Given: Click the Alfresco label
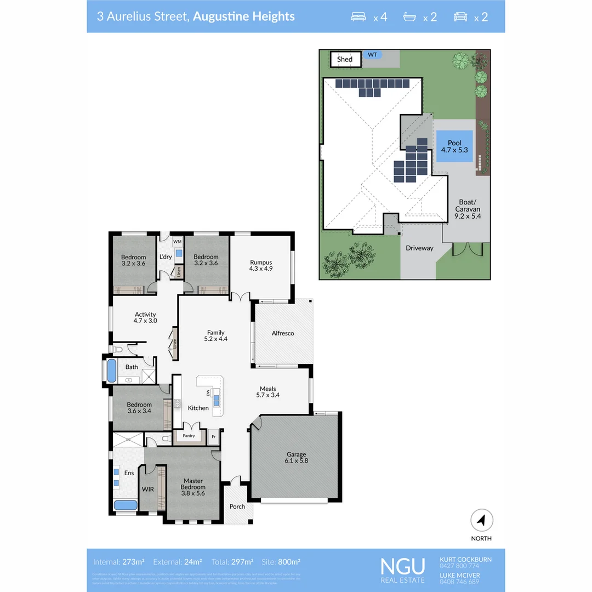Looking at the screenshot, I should click(x=283, y=333).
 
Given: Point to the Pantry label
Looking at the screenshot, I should click(x=188, y=436).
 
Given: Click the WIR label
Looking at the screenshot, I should click(x=147, y=488).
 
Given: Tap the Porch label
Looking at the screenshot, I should click(x=237, y=506).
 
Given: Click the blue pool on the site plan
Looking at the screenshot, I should click(x=454, y=146).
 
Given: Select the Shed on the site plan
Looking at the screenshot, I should click(x=345, y=59).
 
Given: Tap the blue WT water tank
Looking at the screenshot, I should click(x=372, y=55).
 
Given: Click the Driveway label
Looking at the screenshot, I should click(x=419, y=248).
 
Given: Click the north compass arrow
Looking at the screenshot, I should click(x=481, y=520).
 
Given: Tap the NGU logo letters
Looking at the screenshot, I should click(x=403, y=565).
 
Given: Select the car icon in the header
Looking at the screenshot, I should click(x=460, y=16).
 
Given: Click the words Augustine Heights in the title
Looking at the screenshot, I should click(x=244, y=16).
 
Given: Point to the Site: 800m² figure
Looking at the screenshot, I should click(x=281, y=562).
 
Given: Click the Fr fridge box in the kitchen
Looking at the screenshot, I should click(x=214, y=436).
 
